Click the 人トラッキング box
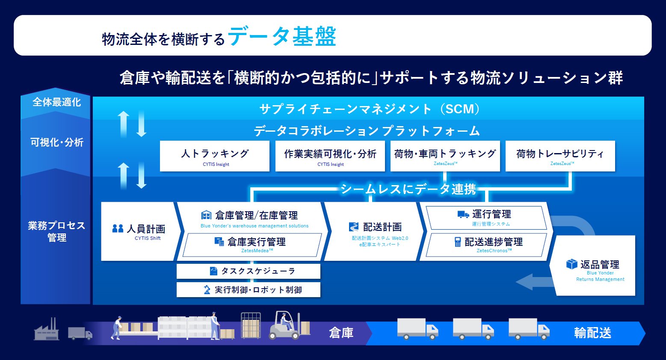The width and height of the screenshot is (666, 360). coord(215,156)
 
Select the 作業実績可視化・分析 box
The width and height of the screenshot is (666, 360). coord(330,156)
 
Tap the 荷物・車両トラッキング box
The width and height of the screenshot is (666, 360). coord(445,156)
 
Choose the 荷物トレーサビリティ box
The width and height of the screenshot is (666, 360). coord(560,156)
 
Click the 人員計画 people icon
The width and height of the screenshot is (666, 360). coord(118,229)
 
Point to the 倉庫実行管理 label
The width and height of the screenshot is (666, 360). coord(256,242)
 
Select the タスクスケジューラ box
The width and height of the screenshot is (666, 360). coord(249,271)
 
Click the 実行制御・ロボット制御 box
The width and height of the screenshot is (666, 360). coord(249,290)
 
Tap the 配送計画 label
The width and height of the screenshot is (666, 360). coord(382,227)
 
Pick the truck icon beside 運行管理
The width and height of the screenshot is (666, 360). coord(463,214)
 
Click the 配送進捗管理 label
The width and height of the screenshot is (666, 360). coord(493,242)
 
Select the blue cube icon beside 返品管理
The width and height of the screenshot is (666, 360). coord(571,264)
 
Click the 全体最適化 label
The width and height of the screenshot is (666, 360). coord(56,102)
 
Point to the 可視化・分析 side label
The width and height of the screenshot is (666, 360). coord(56,142)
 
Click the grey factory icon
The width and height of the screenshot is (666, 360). coord(46,330)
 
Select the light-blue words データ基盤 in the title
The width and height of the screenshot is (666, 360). coord(282,37)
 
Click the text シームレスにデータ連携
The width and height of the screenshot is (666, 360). coord(408,189)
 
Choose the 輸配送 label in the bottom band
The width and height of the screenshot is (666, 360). coord(592,333)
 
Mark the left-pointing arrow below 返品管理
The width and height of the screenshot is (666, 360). coord(530,282)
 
